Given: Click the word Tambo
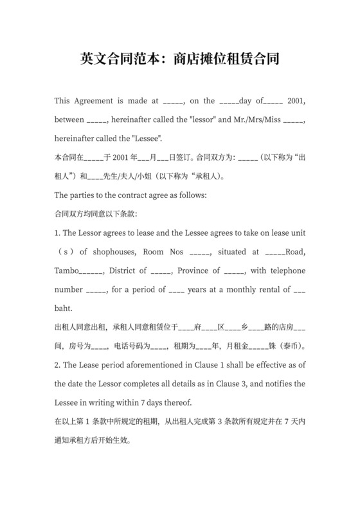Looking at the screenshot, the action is coord(67,271).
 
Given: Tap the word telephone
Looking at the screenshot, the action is coord(282,271).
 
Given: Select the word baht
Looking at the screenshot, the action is coord(63,308).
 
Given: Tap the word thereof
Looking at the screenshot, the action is coord(177,402).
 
